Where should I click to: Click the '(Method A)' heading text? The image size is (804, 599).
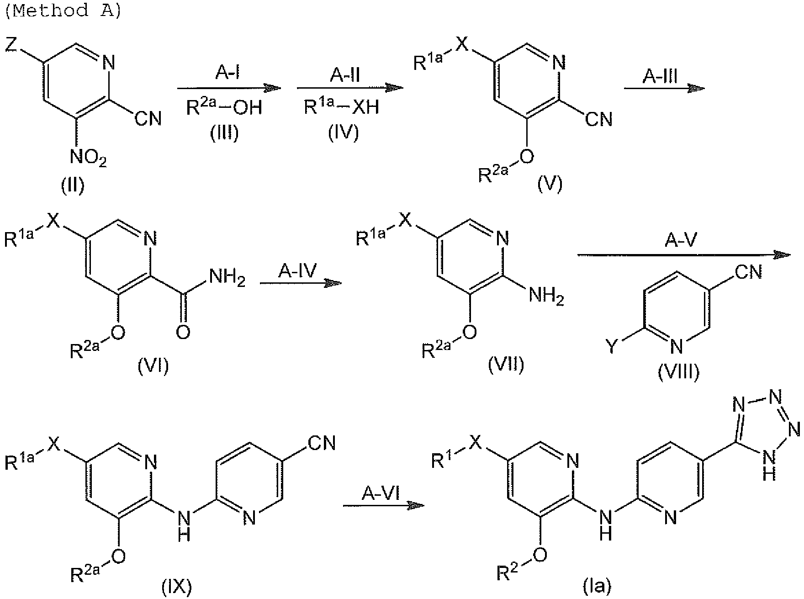[x=63, y=10]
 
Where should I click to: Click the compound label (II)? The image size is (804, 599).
[x=73, y=186]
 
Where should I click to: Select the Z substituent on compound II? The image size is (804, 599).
[x=12, y=46]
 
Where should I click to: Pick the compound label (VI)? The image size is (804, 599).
[x=153, y=366]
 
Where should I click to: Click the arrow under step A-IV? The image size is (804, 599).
[x=301, y=284]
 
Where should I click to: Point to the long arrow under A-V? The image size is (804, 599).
[x=684, y=255]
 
